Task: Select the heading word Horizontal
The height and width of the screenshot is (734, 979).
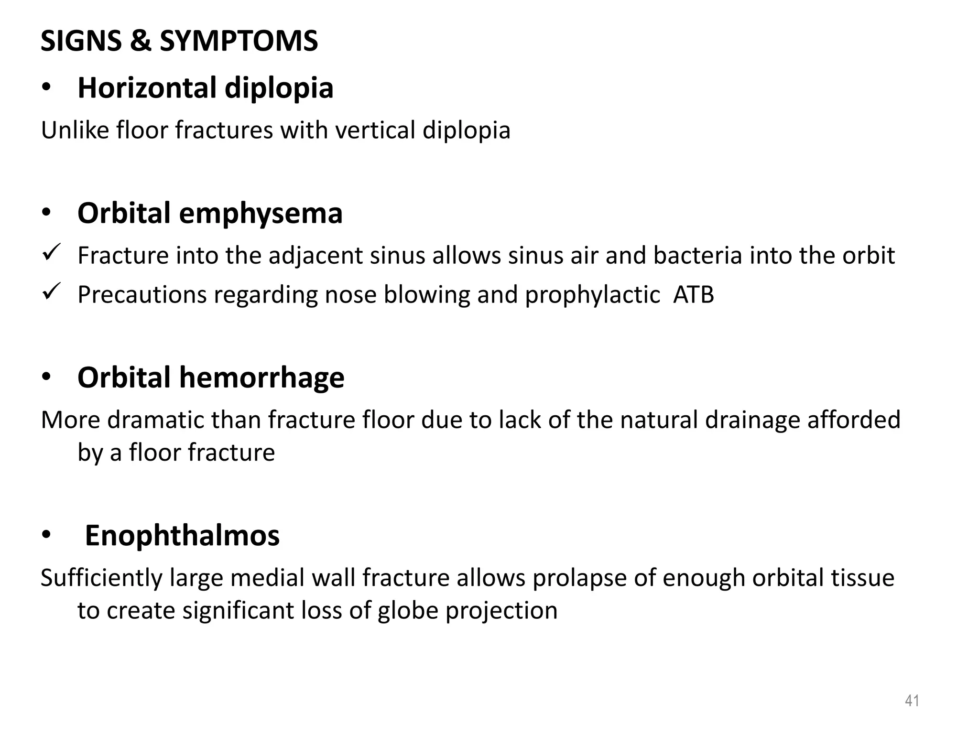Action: coord(147,88)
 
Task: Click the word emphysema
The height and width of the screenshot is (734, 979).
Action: coord(261,213)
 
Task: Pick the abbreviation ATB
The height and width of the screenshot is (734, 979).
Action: coord(693,295)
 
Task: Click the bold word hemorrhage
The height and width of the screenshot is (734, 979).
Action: coord(261,378)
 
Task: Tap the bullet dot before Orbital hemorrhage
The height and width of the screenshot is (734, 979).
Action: coord(46,378)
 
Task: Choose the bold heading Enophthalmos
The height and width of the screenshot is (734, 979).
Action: coord(182,536)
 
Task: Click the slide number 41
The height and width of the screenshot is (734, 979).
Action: coord(912,701)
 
